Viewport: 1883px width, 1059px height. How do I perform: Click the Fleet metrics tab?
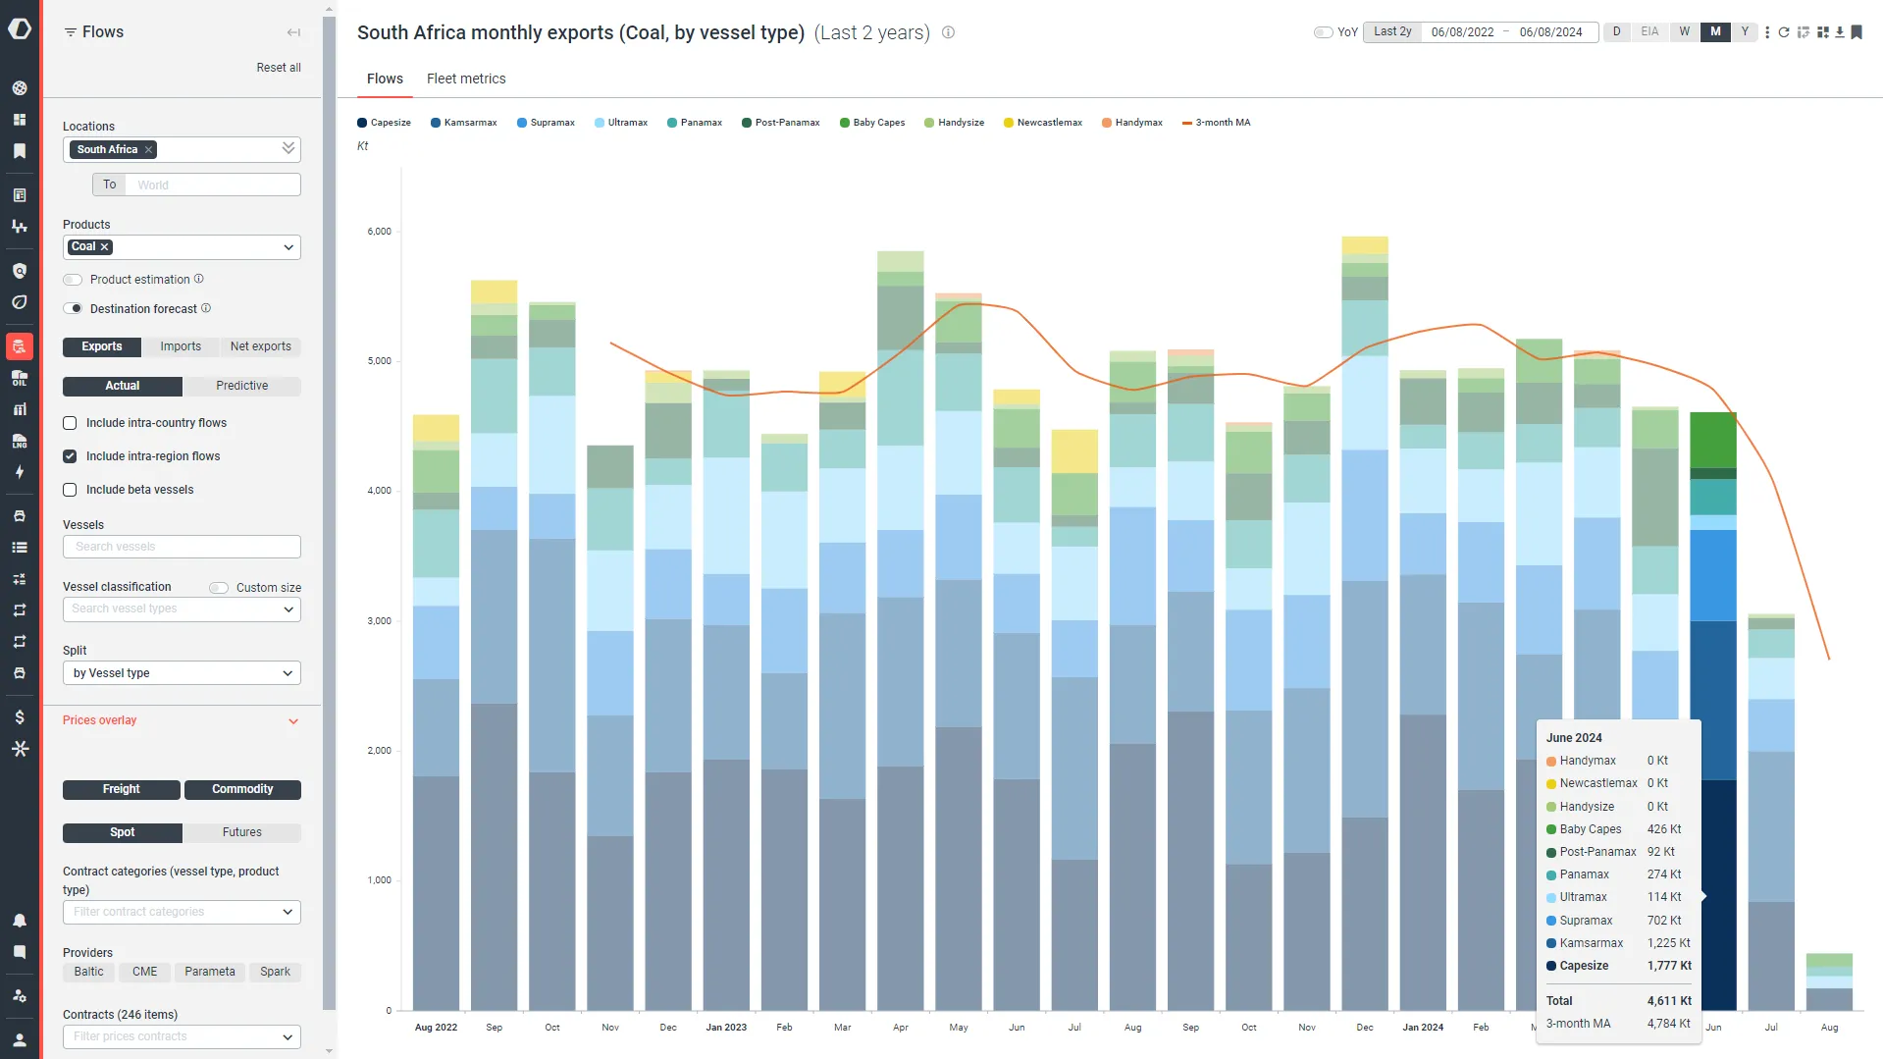466,79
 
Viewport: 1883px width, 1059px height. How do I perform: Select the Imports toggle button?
181,346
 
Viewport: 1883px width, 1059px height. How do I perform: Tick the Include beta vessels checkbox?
70,490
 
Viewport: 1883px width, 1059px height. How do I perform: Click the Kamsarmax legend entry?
464,123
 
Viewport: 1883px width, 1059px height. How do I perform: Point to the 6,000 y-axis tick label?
379,232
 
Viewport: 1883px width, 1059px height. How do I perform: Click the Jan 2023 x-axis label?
726,1028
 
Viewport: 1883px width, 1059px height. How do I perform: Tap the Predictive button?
241,386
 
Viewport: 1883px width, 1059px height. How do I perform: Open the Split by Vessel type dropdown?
182,673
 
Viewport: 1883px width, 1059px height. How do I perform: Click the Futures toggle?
241,832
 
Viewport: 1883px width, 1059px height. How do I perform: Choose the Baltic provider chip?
88,972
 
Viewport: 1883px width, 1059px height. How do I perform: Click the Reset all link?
279,68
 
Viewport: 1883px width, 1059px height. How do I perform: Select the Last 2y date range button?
1392,31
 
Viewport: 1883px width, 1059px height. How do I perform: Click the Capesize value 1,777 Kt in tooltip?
1669,966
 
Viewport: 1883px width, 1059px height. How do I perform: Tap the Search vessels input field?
182,547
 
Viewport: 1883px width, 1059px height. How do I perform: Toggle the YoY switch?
1324,32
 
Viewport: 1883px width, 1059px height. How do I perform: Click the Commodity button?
242,789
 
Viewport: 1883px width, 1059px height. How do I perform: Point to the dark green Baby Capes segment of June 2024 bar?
1713,440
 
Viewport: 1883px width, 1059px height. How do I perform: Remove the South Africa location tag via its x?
148,149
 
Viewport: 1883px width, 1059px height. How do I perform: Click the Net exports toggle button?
261,346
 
